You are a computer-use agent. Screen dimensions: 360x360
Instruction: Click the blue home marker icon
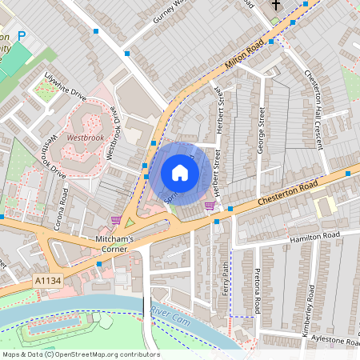click(180, 173)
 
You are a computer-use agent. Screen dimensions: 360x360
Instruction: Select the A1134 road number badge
click(48, 281)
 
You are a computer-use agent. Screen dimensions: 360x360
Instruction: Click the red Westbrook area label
click(85, 138)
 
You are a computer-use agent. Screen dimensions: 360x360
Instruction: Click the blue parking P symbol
click(22, 36)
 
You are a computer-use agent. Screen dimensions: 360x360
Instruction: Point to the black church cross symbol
click(276, 5)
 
